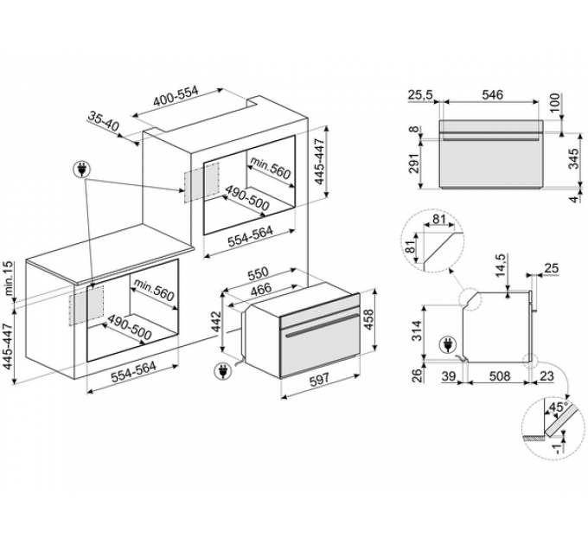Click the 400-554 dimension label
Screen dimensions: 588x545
[176, 96]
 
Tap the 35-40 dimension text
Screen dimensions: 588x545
[103, 121]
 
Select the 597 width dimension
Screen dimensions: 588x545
[319, 378]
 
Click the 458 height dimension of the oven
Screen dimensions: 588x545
[369, 319]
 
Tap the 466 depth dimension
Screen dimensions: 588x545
[261, 289]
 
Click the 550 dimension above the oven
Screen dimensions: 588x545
[258, 273]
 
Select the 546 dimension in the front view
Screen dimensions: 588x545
[492, 94]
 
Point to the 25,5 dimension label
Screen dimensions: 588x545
[420, 95]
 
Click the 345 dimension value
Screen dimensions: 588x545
[573, 159]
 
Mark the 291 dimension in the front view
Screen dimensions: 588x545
[413, 163]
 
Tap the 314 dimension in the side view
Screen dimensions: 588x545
[417, 330]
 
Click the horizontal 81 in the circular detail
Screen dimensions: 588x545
[438, 219]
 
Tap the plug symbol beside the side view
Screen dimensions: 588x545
[448, 344]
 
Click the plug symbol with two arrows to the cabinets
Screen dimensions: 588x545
[82, 170]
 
